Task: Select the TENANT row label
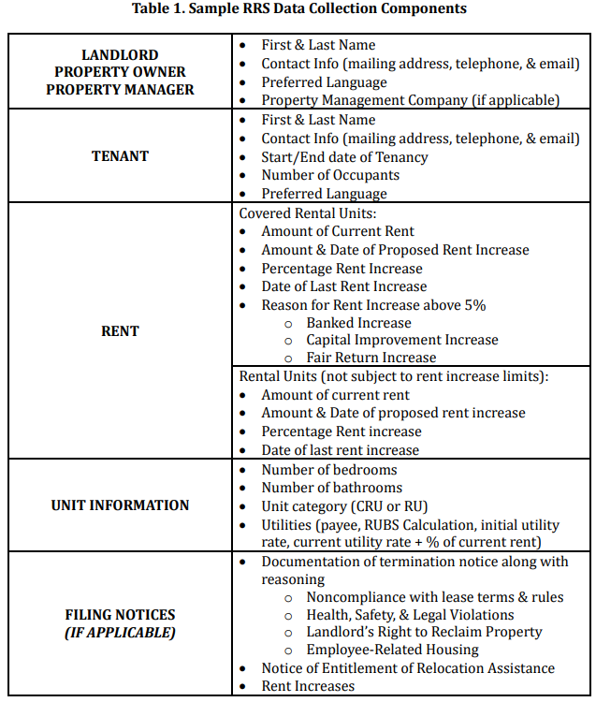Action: pos(120,156)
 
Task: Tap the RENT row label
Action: pos(120,330)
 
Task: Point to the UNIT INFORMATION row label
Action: pos(120,505)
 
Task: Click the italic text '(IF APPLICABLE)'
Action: pos(120,633)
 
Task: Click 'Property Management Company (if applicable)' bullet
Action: pos(410,100)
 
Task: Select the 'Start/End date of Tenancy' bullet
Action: pos(344,156)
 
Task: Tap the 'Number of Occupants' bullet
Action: pos(330,175)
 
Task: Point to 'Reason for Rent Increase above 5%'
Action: pos(373,305)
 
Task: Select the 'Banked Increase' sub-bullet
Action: pos(358,323)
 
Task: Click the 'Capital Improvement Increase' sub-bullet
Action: pos(402,340)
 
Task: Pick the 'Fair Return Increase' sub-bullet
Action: pos(371,358)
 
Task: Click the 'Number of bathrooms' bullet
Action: pos(331,488)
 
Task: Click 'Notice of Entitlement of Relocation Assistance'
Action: pos(408,668)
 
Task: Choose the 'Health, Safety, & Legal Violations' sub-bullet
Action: pos(410,615)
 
